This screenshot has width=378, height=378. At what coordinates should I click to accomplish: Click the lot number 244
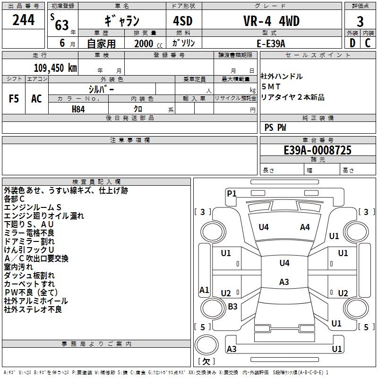coord(23,20)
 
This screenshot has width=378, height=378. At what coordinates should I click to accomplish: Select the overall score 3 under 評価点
coord(360,21)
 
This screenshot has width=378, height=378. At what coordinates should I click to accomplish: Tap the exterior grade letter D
coord(352,43)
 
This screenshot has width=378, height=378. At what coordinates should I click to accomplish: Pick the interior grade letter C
coord(368,43)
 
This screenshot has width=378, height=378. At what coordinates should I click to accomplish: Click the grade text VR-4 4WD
coord(271,21)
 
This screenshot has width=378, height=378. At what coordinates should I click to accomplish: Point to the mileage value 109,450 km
coord(55,68)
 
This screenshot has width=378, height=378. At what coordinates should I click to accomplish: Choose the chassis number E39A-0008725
coord(318,150)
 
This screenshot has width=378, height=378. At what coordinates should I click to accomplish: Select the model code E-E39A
coord(271,43)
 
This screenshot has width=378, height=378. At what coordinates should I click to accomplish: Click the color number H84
coord(78,109)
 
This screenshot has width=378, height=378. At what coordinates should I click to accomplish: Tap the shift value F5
coord(14,99)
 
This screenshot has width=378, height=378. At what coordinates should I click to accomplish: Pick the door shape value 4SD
coord(183,21)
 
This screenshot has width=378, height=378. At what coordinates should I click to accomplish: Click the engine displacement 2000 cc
coord(148,43)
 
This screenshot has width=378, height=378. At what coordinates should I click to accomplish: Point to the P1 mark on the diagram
coord(232,193)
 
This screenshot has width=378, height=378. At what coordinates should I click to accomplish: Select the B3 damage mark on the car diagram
coord(232,306)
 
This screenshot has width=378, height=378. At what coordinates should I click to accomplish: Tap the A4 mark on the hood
coord(305,227)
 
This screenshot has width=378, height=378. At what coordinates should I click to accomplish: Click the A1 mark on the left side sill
coord(204,290)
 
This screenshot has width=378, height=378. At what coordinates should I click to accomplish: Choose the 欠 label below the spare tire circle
coord(206,361)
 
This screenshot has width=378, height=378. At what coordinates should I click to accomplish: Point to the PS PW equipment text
coord(275,128)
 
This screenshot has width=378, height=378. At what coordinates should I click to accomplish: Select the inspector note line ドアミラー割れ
coord(29,241)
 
